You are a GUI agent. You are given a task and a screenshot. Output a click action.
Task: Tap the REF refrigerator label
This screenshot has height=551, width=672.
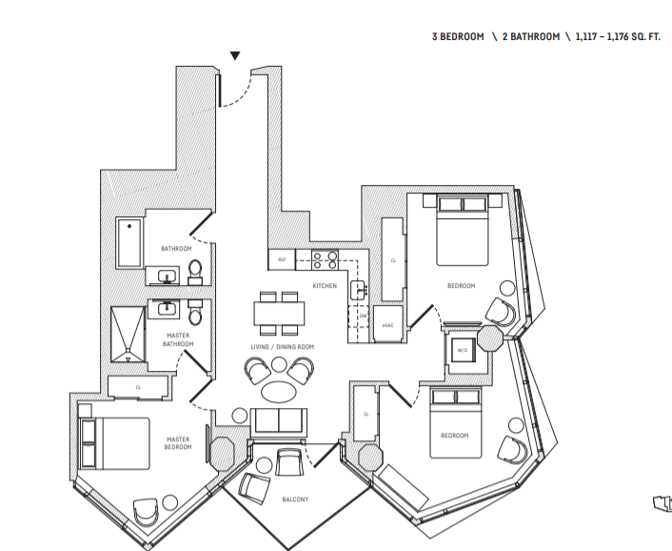282,259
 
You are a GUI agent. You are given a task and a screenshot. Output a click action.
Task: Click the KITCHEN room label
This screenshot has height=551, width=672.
325,286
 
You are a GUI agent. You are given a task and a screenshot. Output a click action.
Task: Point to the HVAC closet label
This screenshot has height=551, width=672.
387,325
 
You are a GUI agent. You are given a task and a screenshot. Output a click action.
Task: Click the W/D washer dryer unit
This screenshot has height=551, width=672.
463,349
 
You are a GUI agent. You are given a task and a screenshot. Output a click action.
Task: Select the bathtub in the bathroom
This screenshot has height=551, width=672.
128,242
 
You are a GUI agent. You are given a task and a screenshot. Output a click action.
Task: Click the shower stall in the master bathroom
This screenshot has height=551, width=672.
127,335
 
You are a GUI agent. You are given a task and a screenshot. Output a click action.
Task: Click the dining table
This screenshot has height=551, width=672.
279,313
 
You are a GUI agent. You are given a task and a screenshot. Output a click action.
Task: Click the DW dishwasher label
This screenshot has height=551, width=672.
363,316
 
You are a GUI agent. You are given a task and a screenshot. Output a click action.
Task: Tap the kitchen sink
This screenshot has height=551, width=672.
358,289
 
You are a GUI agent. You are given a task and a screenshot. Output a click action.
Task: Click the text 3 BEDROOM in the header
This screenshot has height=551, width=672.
458,36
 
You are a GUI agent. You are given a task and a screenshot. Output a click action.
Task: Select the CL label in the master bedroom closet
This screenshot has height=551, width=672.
139,387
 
